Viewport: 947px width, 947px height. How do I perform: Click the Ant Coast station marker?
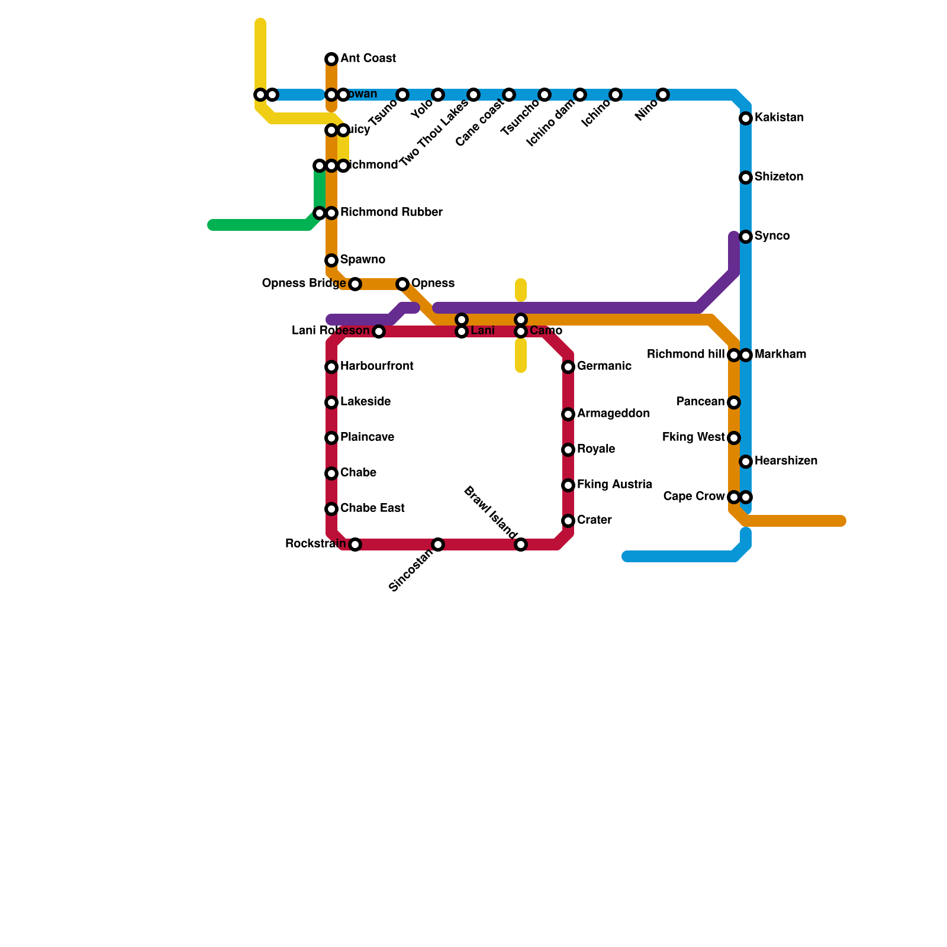331,59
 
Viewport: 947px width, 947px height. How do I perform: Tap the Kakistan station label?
779,118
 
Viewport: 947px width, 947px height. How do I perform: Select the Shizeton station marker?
746,178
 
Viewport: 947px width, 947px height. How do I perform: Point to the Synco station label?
772,236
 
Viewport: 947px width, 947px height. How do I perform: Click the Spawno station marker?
331,260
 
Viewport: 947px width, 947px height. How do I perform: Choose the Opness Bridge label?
304,284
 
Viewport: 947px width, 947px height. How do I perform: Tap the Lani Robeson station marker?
379,331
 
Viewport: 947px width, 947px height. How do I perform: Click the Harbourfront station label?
376,366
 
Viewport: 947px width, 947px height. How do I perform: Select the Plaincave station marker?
331,438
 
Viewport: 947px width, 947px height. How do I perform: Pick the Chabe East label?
372,508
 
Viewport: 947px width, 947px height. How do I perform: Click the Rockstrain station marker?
355,545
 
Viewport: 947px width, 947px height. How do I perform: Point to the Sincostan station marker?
438,545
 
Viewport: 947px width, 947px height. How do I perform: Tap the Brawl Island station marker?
521,545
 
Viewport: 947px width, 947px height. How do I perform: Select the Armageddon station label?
613,414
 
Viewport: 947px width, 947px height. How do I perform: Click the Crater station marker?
568,521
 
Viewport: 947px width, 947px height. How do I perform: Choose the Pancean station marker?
734,402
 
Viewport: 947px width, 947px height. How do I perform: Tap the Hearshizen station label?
786,461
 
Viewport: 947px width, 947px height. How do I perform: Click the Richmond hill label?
685,355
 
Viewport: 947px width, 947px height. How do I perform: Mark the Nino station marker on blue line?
663,95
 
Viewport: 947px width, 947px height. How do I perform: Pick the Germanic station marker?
568,367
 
